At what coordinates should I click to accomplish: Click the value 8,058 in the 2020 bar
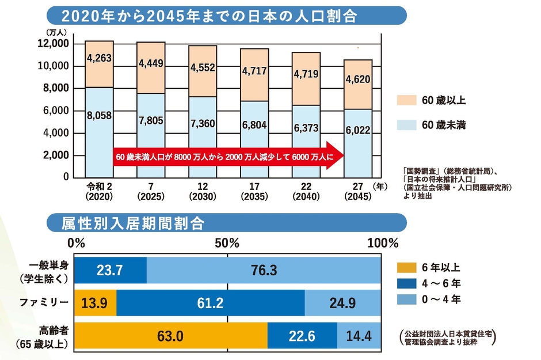[x=99, y=115]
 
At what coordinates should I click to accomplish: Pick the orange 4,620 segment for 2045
[x=357, y=79]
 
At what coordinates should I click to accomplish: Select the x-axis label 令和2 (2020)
[x=98, y=191]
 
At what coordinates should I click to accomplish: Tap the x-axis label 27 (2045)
[x=357, y=191]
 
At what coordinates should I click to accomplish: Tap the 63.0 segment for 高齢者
[x=172, y=335]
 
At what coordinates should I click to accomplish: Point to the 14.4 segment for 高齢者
[x=359, y=335]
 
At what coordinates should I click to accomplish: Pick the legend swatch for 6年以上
[x=406, y=268]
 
